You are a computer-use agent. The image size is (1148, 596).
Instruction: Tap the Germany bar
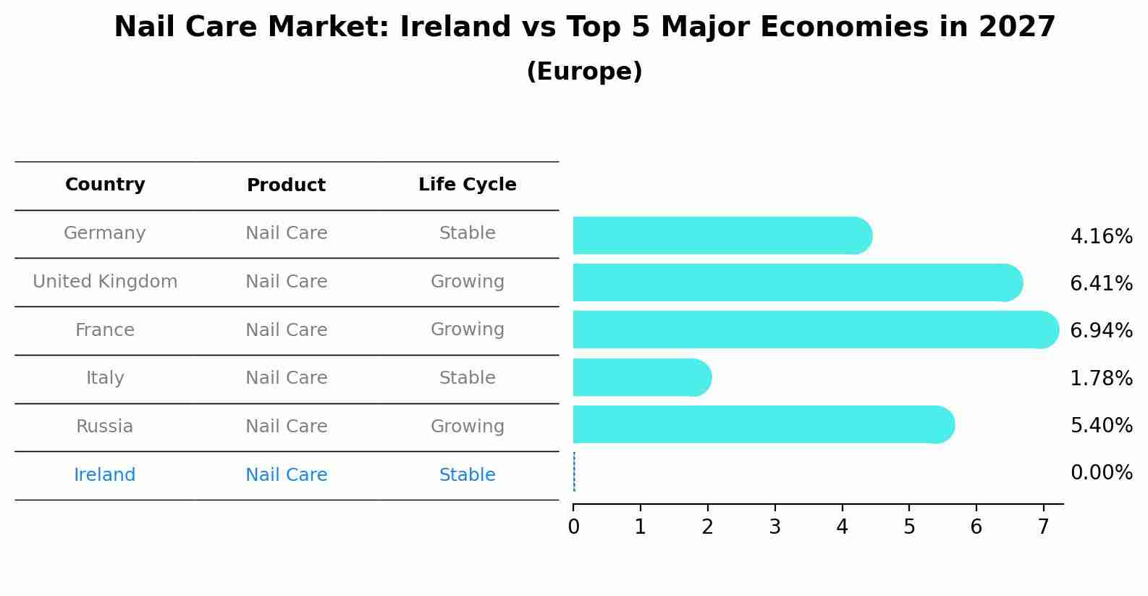[x=722, y=235]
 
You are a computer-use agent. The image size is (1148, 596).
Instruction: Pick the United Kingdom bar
[x=797, y=282]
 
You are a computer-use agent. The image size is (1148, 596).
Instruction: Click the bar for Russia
[x=763, y=424]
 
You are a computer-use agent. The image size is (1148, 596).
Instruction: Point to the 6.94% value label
[x=1100, y=331]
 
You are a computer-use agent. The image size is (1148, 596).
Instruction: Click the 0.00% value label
[x=1100, y=473]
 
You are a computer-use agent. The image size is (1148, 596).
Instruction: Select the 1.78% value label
[x=1100, y=378]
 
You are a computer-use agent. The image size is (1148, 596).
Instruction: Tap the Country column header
[x=105, y=185]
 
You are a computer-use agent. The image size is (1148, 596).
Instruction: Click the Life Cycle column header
[x=467, y=185]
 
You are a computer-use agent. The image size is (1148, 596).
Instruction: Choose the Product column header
[x=286, y=185]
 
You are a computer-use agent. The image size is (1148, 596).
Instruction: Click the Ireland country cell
[x=105, y=475]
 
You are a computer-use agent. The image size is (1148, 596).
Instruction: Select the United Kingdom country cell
[x=105, y=282]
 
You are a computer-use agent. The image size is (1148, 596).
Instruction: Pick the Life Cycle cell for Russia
[x=467, y=427]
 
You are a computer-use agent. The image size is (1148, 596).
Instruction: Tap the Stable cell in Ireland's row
[x=467, y=475]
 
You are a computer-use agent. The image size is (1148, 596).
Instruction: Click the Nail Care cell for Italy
[x=286, y=378]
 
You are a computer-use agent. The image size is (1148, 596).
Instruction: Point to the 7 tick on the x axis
[x=1043, y=527]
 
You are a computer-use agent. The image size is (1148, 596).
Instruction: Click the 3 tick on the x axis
[x=775, y=527]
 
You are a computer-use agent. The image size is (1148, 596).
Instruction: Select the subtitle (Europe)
[x=584, y=72]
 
